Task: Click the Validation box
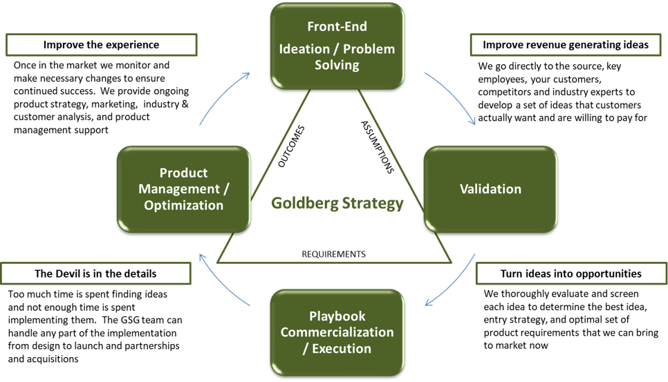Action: pos(490,189)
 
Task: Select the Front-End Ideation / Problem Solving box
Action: pos(337,46)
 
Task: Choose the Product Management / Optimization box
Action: pos(183,189)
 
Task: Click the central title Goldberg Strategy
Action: pos(337,204)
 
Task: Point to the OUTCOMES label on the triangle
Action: pos(290,146)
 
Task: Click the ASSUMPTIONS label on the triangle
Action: pos(377,146)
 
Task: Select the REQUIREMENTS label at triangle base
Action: pos(333,254)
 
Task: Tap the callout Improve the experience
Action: pos(101,45)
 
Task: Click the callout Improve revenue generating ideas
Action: pos(565,45)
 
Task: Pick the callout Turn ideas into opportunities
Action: pos(570,274)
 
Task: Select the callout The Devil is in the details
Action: pos(95,274)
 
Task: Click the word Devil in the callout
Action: pos(71,274)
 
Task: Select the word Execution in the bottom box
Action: pos(341,348)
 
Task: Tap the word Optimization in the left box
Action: pos(183,205)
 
